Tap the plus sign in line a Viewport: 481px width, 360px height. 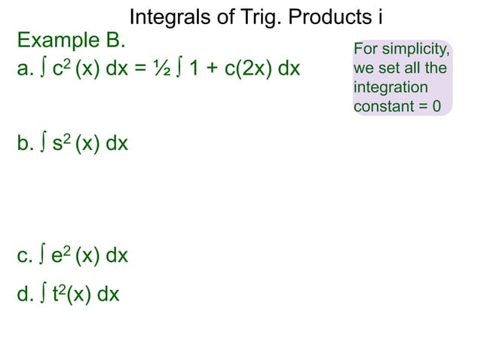(x=210, y=69)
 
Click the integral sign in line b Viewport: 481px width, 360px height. (x=44, y=142)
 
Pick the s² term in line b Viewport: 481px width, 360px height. (x=60, y=142)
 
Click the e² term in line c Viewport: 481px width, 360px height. (x=61, y=255)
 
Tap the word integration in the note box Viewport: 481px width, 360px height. (x=390, y=87)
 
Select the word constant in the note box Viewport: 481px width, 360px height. (x=381, y=105)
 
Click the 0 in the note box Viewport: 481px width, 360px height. (x=435, y=105)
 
